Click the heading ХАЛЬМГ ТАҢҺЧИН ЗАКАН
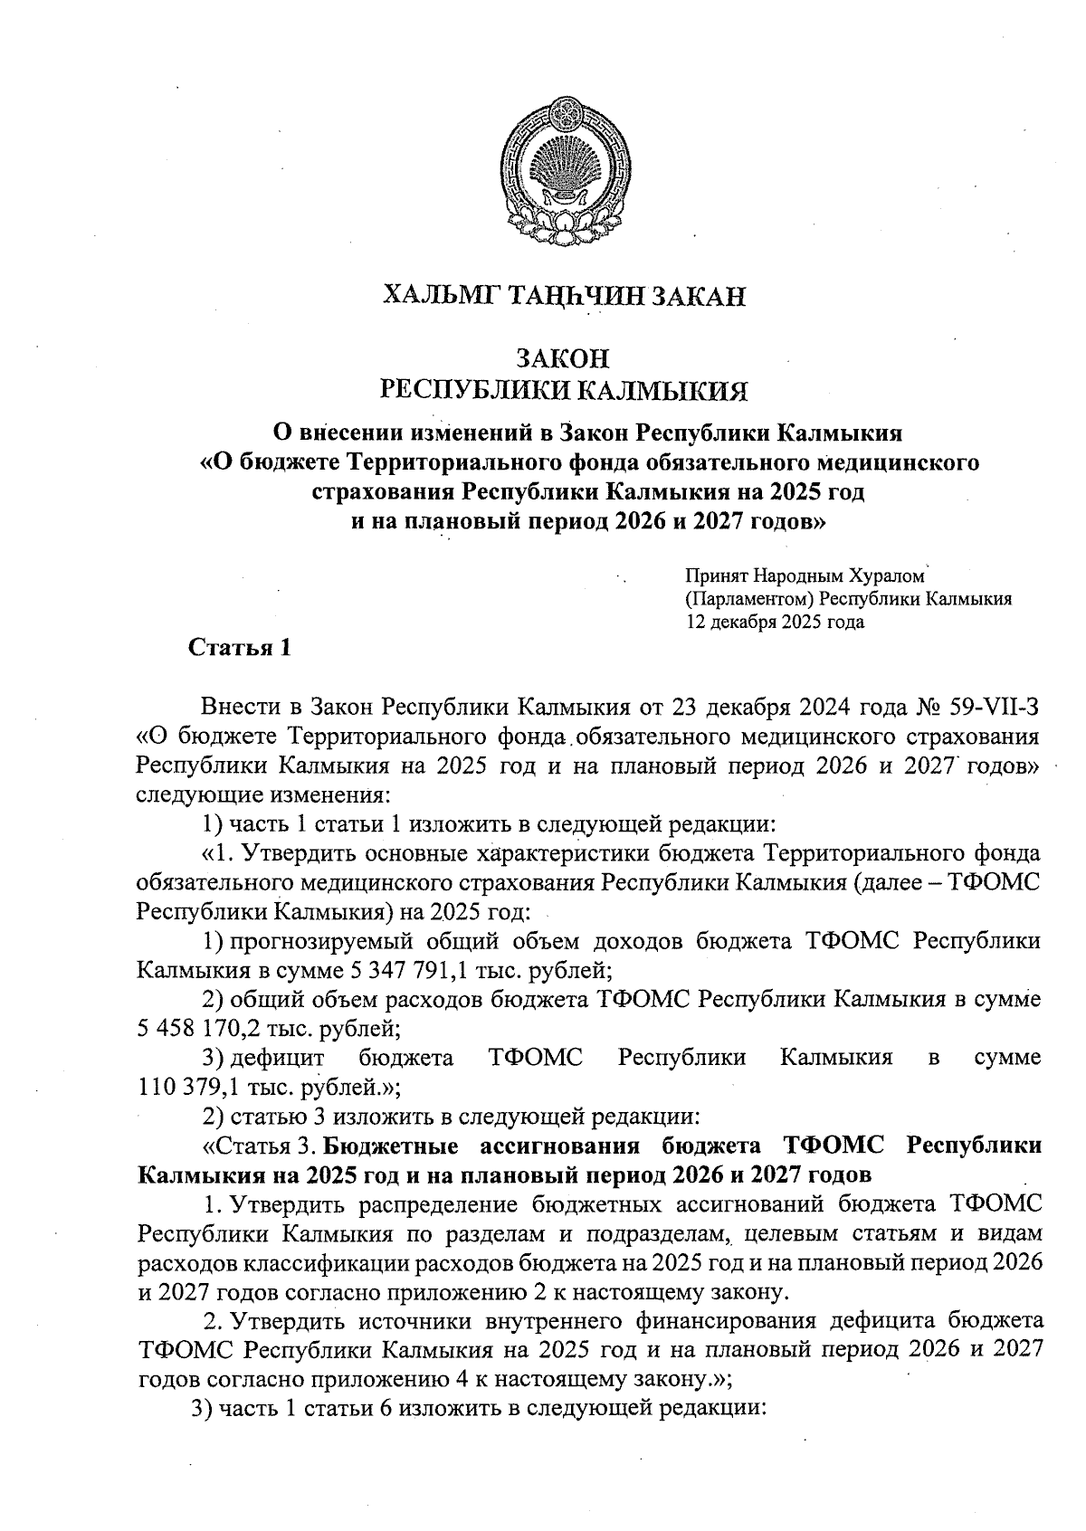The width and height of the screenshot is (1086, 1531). pos(565,295)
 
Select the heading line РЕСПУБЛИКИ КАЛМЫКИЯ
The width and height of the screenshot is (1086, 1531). pos(565,391)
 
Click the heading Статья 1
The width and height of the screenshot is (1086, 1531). pos(239,647)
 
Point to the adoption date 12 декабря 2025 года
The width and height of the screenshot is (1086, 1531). pos(775,622)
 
